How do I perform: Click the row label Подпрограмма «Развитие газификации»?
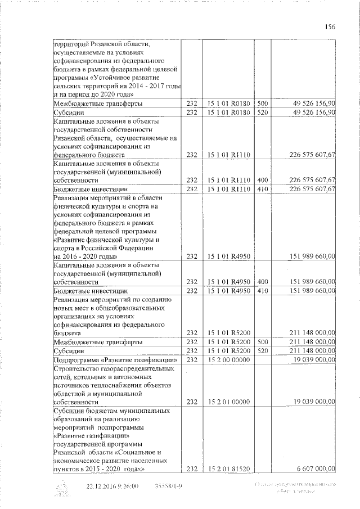(x=115, y=359)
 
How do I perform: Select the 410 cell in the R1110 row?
(x=263, y=188)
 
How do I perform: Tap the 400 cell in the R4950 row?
(x=263, y=281)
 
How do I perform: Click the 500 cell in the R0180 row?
(x=263, y=103)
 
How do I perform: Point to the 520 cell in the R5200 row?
(x=263, y=350)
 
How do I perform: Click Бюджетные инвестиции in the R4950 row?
(x=88, y=290)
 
